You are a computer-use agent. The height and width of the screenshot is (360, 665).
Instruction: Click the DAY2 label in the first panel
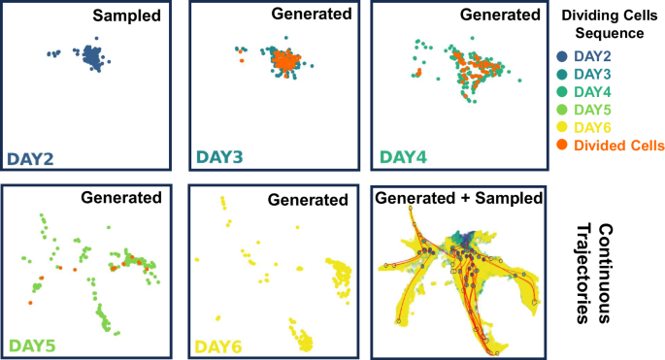pyautogui.click(x=30, y=157)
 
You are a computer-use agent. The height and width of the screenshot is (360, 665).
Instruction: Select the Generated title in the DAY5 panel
pyautogui.click(x=122, y=199)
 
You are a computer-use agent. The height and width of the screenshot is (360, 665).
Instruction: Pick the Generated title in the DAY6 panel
pyautogui.click(x=308, y=201)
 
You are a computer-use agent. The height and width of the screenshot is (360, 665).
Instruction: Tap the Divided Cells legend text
pyautogui.click(x=619, y=146)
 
